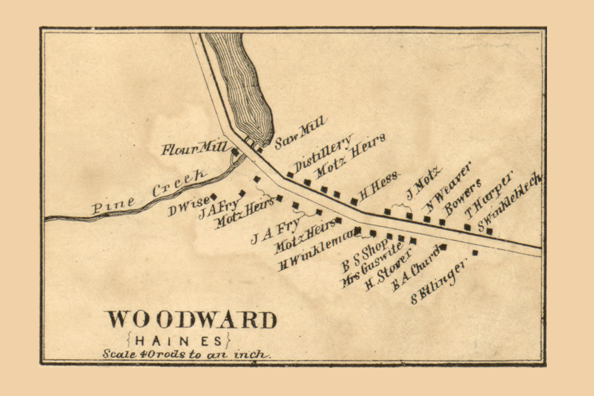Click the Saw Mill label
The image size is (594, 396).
(x=301, y=132)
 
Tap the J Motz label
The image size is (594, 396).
(x=424, y=182)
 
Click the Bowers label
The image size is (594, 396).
(x=463, y=197)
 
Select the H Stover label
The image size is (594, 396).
(x=388, y=271)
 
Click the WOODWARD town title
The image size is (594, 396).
(x=191, y=320)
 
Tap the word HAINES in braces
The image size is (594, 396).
(x=179, y=339)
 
